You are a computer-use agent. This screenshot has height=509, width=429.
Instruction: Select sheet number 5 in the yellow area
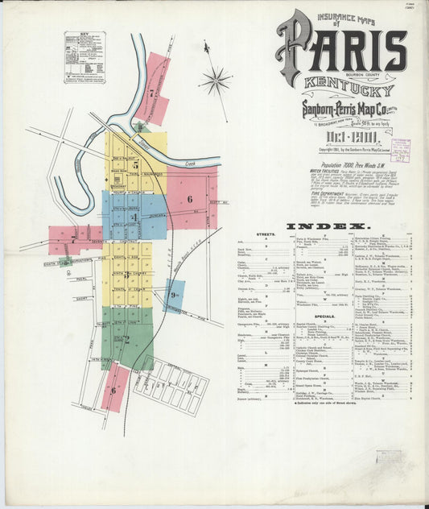pos(136,165)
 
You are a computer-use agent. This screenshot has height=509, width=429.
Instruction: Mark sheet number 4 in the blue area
pos(135,217)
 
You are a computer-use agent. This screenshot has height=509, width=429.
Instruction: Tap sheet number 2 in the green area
pos(126,339)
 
